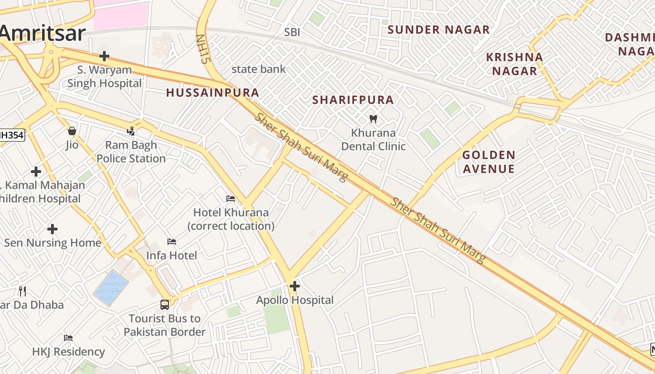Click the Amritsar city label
click(43, 34)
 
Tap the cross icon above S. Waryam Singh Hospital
click(104, 57)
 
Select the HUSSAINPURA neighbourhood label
click(213, 93)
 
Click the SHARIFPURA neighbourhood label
click(353, 100)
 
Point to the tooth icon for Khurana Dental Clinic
click(373, 119)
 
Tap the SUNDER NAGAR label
click(439, 29)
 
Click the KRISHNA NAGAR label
click(515, 64)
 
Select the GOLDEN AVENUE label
click(489, 162)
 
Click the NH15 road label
click(202, 49)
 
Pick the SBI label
click(292, 32)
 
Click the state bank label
click(259, 69)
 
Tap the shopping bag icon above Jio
click(72, 131)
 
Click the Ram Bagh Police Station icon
click(131, 131)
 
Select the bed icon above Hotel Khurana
click(231, 199)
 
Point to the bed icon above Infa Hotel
click(172, 242)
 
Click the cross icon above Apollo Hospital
click(295, 286)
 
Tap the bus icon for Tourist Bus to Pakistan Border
click(165, 305)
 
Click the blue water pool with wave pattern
click(111, 288)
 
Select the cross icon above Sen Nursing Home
click(52, 229)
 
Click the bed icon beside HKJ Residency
click(68, 338)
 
